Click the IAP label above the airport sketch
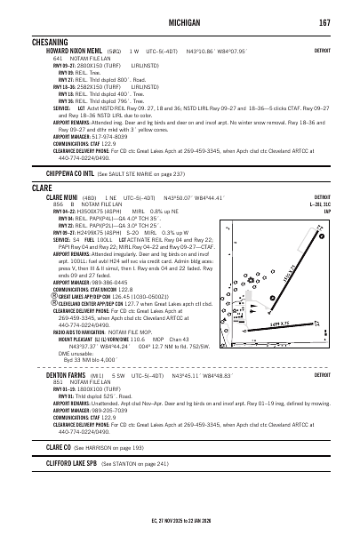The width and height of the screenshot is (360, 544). point(326,212)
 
